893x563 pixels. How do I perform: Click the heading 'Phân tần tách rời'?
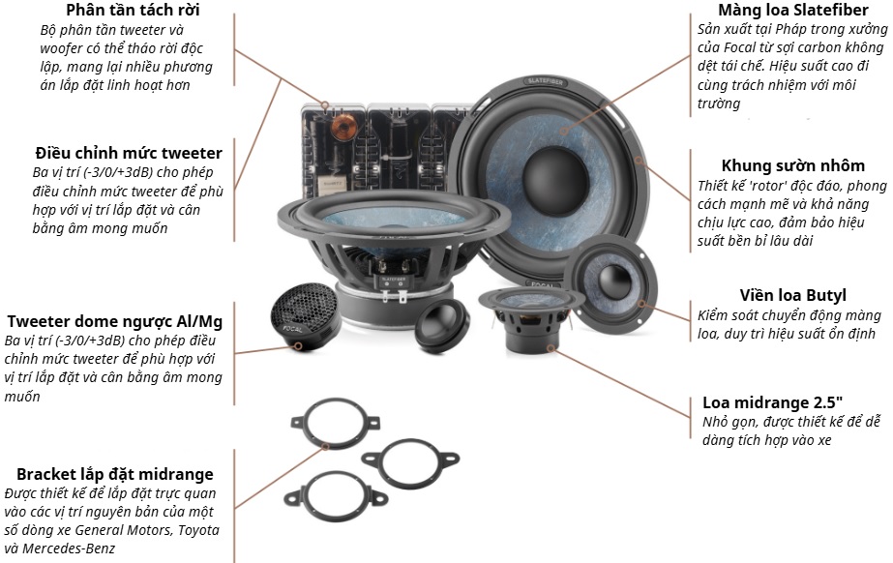pos(133,10)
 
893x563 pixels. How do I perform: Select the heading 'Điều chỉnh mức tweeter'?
pos(129,153)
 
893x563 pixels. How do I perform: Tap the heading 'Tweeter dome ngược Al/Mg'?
pos(114,321)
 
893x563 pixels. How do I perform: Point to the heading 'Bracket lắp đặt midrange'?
pos(114,474)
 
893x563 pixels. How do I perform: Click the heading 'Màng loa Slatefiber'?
pos(792,10)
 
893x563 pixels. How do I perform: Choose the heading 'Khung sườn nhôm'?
pos(792,165)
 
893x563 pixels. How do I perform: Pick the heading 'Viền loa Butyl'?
pos(792,295)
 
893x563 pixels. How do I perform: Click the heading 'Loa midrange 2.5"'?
pos(772,402)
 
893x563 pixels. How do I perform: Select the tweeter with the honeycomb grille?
pos(305,316)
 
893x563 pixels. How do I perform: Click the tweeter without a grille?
pos(442,325)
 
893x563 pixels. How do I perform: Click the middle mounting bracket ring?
pos(410,460)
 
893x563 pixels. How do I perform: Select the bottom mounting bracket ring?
pos(336,496)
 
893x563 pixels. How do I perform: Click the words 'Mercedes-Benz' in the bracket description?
pos(69,548)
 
